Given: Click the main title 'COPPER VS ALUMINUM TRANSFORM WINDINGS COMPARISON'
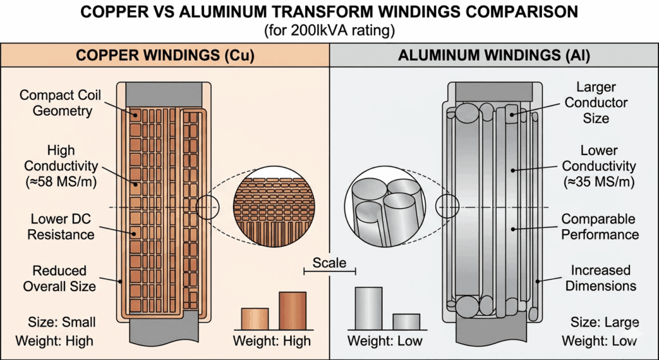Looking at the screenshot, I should [329, 12].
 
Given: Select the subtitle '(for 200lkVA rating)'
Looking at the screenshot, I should [329, 30].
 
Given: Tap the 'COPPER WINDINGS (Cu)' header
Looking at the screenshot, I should [165, 55].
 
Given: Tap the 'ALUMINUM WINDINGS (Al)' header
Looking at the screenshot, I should [494, 55].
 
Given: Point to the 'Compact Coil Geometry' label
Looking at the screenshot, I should [56, 103].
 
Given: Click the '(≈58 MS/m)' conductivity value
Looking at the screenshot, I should [56, 182].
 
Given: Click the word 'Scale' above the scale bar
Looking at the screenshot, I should [329, 263].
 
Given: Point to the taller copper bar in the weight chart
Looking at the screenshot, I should [292, 311].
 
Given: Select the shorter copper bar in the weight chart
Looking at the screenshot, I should [254, 319].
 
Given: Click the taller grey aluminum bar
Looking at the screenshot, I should [369, 308].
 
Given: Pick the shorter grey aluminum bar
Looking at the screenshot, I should [406, 321].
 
